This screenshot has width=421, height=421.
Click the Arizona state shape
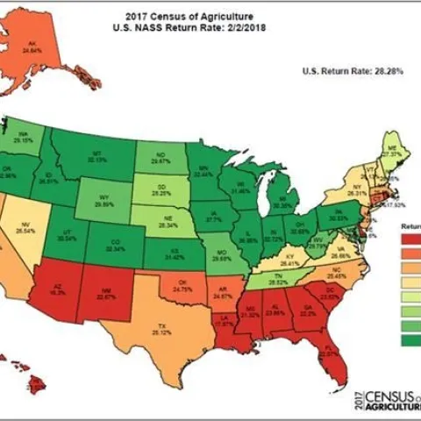point(57,289)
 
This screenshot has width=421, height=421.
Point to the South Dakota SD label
point(161,185)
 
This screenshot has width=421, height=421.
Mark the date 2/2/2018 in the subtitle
point(229,28)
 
